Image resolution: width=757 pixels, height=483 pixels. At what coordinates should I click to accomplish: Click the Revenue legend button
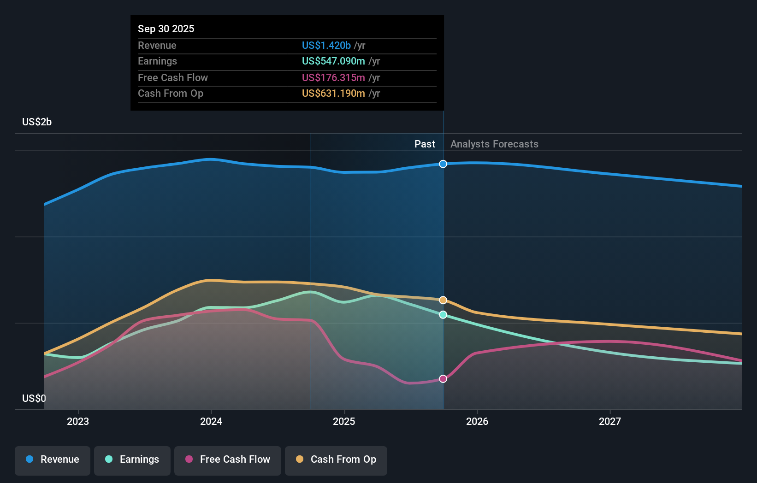pos(53,460)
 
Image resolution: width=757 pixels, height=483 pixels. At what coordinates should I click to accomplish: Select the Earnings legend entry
pos(132,460)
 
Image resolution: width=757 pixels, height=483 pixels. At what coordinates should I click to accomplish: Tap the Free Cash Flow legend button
pos(228,460)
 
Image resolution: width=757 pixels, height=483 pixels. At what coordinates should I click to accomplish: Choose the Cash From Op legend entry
pos(336,460)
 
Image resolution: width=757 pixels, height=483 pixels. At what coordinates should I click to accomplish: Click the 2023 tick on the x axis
pos(78,421)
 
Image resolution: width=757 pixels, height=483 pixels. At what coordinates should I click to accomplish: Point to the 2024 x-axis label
pos(211,421)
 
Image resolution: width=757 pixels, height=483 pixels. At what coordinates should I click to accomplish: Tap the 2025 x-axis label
pos(344,421)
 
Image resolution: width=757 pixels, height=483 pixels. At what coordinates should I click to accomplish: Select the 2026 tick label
pos(477,421)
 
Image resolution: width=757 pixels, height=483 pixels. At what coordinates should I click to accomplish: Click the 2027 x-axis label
pos(610,421)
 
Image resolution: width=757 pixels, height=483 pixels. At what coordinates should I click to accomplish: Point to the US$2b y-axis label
pos(37,122)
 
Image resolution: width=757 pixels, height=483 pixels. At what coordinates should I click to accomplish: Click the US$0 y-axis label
pos(34,398)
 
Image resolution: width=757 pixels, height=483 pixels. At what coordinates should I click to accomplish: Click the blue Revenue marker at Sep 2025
pos(443,164)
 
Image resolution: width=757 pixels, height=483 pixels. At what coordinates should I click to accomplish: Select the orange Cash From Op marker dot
pos(443,300)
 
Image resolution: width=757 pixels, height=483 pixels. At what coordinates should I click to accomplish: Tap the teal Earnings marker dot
pos(443,315)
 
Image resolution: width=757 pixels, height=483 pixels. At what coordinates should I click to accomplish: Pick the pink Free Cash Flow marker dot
pos(443,379)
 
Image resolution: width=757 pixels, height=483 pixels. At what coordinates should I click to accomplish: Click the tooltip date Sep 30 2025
pos(166,29)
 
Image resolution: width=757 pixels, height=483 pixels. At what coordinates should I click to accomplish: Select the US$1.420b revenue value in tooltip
pos(326,45)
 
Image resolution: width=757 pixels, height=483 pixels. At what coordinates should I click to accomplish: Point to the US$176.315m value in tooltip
pos(333,77)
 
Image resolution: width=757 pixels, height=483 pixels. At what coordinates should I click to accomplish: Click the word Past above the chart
pos(425,144)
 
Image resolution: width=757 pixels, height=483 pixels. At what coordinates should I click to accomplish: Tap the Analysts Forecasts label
pos(494,144)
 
